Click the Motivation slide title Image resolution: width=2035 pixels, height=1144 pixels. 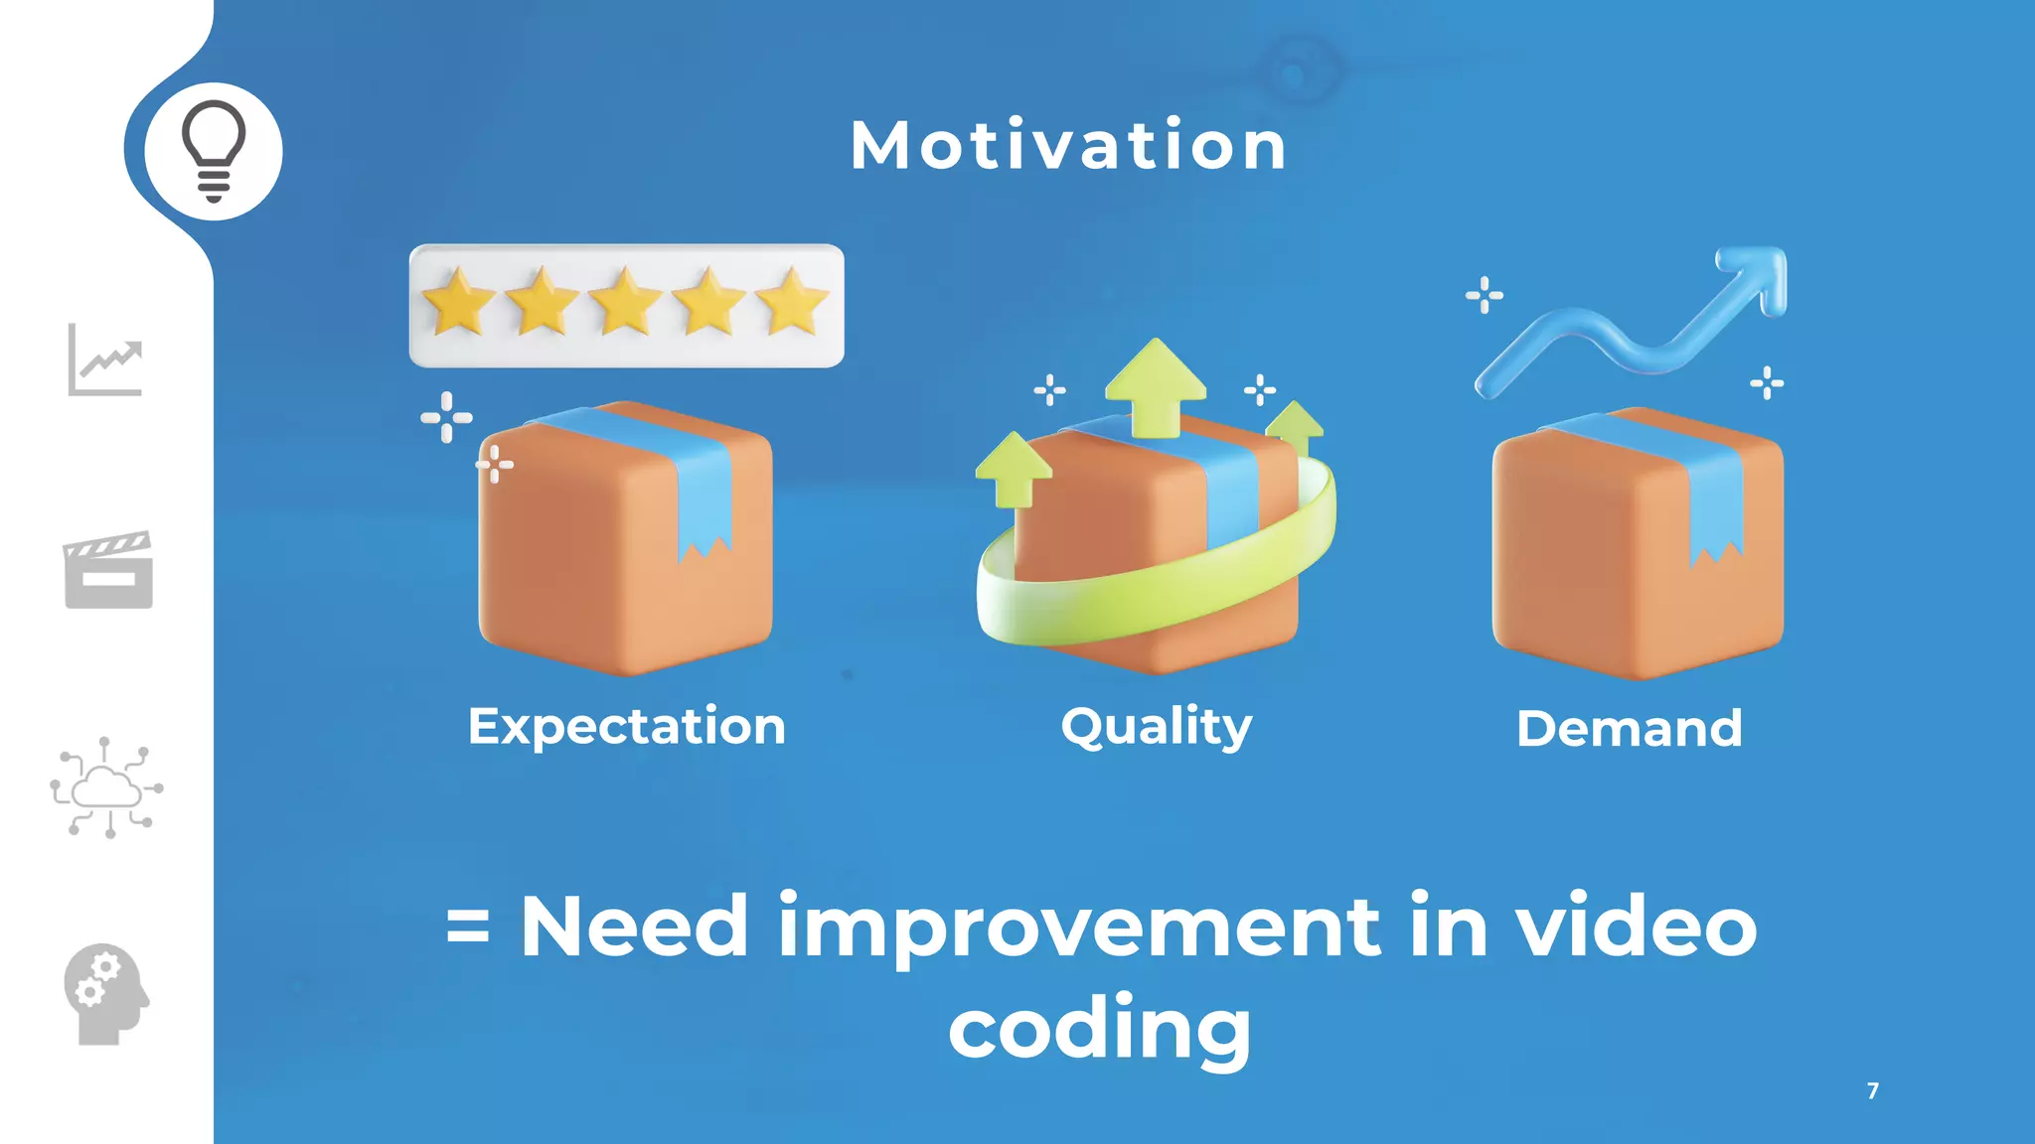1068,146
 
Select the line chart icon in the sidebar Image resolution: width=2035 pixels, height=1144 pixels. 105,359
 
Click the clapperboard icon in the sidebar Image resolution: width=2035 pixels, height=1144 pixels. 108,570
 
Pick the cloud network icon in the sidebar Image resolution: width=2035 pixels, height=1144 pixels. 106,787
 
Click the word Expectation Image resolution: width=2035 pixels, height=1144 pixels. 627,726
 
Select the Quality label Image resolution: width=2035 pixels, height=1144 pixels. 1156,726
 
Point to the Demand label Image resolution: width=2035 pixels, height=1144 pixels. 1629,728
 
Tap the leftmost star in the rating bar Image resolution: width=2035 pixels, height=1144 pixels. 459,302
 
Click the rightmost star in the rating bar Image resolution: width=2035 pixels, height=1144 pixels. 792,302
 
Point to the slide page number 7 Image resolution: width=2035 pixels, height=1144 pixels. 1873,1090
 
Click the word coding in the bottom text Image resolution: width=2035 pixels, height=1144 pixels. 1100,1029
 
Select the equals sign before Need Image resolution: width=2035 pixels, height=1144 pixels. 468,928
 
